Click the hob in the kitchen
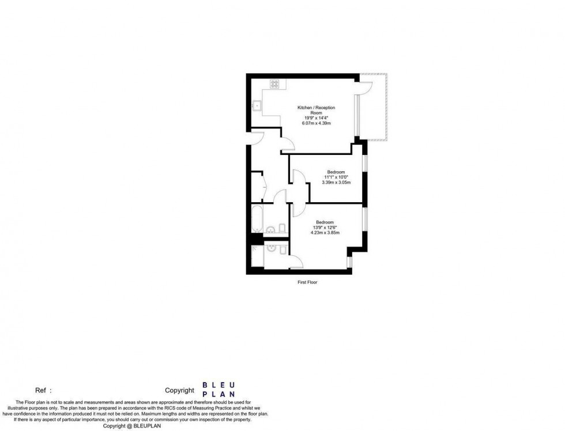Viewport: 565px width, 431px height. pyautogui.click(x=274, y=84)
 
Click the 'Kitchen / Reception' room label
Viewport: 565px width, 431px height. pyautogui.click(x=316, y=107)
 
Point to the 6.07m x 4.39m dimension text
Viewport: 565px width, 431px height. pyautogui.click(x=316, y=123)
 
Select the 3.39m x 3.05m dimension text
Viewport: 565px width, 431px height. pyautogui.click(x=336, y=182)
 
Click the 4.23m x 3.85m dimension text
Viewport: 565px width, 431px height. pyautogui.click(x=325, y=233)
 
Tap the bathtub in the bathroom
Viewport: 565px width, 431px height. pyautogui.click(x=257, y=219)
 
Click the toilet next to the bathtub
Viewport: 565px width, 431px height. pyautogui.click(x=282, y=228)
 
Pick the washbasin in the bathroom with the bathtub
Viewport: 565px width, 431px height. pyautogui.click(x=270, y=229)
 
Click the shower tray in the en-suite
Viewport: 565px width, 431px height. pyautogui.click(x=257, y=256)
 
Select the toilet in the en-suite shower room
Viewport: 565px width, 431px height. pyautogui.click(x=282, y=250)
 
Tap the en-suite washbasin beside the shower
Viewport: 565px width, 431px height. pyautogui.click(x=270, y=249)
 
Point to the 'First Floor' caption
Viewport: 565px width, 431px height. pyautogui.click(x=307, y=282)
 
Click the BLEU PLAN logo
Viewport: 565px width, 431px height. pyautogui.click(x=219, y=390)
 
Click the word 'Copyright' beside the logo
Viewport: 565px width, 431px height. pyautogui.click(x=179, y=390)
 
